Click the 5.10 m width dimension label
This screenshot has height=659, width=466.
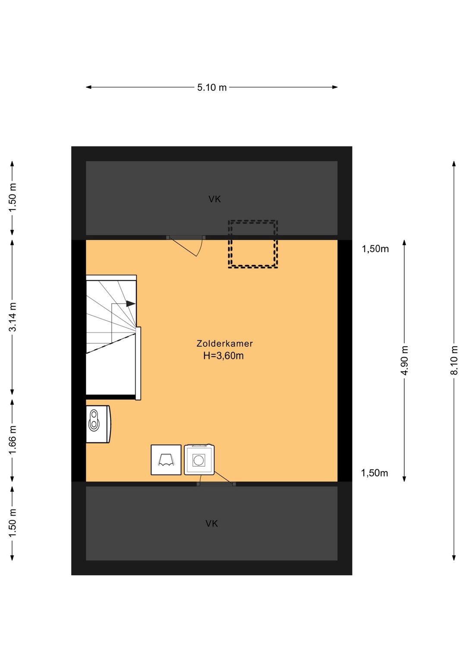pos(212,87)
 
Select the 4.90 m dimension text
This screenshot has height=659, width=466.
pos(405,360)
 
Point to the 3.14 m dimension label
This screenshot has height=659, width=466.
pos(13,317)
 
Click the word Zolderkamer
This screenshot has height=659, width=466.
pos(225,344)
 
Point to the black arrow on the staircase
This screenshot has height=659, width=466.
pos(131,304)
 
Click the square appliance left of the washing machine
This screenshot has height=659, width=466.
pos(166,460)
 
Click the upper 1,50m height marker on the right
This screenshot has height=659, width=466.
pos(375,249)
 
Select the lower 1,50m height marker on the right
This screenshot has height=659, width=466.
pos(375,473)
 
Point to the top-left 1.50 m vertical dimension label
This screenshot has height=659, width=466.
pos(13,198)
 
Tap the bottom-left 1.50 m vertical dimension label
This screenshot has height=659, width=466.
pos(13,523)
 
